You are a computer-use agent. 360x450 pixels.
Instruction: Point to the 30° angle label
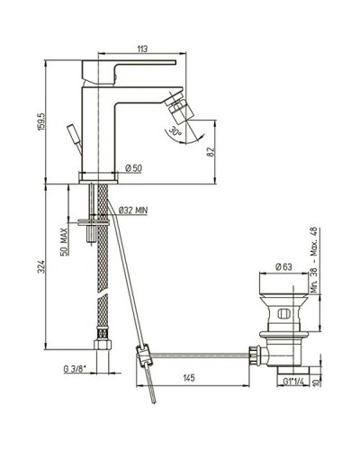click(x=176, y=133)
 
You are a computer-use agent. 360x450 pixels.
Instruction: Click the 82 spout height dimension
click(x=210, y=152)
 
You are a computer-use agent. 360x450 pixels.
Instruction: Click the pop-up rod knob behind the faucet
click(x=76, y=131)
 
